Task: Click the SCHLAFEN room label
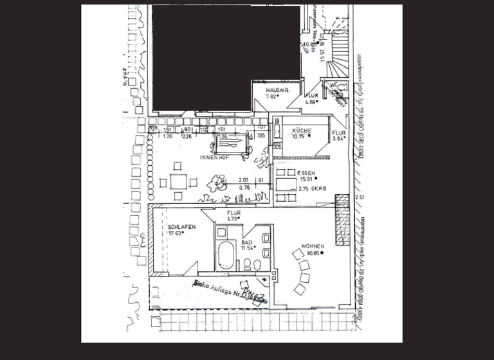pyautogui.click(x=181, y=227)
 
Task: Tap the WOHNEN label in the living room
pyautogui.click(x=313, y=246)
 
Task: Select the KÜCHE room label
pyautogui.click(x=302, y=130)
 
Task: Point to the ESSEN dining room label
pyautogui.click(x=306, y=173)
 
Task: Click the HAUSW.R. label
pyautogui.click(x=277, y=91)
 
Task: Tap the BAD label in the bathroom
pyautogui.click(x=246, y=242)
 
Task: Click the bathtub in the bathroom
pyautogui.click(x=226, y=256)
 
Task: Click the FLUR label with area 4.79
pyautogui.click(x=233, y=213)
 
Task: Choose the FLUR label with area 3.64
pyautogui.click(x=338, y=132)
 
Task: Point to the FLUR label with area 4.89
pyautogui.click(x=311, y=96)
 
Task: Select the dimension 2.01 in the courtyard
pyautogui.click(x=243, y=180)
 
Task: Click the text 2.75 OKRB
pyautogui.click(x=312, y=189)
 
